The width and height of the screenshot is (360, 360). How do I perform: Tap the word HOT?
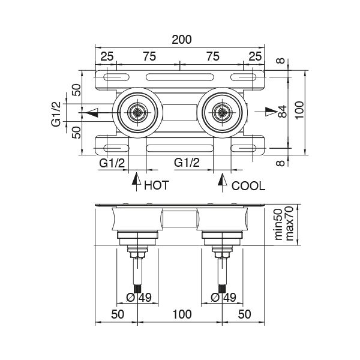click(157, 185)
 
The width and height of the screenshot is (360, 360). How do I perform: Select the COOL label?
click(248, 185)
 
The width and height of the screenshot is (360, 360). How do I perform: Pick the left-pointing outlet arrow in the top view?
click(91, 112)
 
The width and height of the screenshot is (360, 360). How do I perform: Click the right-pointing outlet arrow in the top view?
click(269, 112)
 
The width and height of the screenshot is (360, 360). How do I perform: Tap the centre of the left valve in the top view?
click(137, 112)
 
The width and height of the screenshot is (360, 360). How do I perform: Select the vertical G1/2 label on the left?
click(55, 112)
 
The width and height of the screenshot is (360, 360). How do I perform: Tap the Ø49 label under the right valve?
click(223, 296)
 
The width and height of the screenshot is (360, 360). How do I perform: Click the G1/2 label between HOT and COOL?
click(186, 163)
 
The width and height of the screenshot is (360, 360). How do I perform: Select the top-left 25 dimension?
click(106, 56)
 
